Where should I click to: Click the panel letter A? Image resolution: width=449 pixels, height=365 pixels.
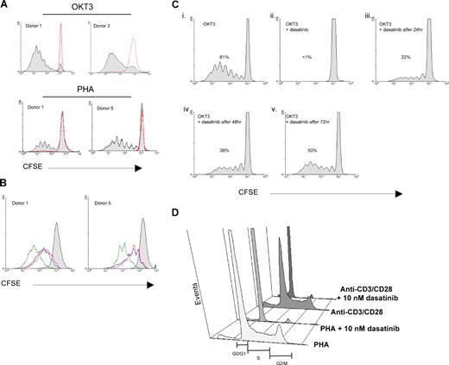(5, 5)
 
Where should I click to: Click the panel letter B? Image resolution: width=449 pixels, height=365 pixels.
(5, 184)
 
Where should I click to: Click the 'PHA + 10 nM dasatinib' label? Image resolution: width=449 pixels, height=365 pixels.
(377, 320)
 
